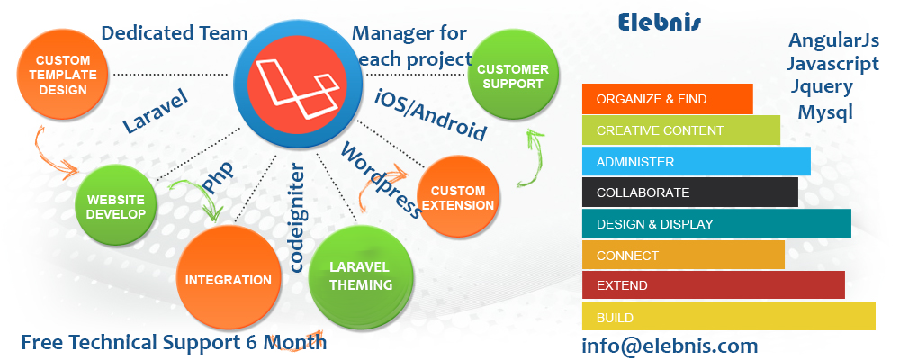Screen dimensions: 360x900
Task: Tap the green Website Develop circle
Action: [x=115, y=207]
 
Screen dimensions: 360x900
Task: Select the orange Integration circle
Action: [x=228, y=280]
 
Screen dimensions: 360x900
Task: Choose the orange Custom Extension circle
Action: [x=458, y=198]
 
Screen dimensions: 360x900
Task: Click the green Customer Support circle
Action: [x=512, y=76]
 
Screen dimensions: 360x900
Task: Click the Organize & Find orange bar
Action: [x=667, y=99]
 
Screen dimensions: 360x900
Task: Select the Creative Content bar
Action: [x=680, y=130]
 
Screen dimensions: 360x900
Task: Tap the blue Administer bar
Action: [x=696, y=162]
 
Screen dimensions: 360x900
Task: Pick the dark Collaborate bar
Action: [x=689, y=193]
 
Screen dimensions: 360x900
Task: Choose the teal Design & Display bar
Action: [x=716, y=224]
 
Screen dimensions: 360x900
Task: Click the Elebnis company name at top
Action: [x=660, y=22]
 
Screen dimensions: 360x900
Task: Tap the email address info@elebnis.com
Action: [x=670, y=346]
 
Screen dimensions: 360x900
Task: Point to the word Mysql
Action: [x=824, y=112]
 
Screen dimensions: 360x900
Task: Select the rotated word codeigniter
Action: [x=299, y=216]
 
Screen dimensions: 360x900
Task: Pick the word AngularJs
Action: [x=832, y=40]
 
